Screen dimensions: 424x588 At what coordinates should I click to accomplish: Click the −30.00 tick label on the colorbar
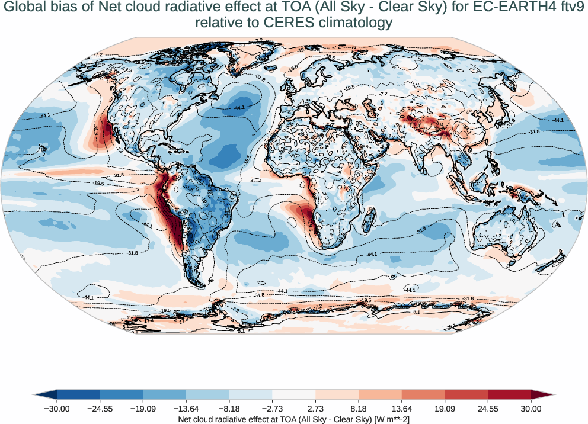click(57, 409)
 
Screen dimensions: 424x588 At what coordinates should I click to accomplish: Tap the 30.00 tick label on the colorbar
click(531, 409)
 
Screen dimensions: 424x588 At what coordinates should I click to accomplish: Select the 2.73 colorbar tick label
click(315, 409)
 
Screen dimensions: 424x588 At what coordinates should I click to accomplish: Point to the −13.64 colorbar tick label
click(186, 409)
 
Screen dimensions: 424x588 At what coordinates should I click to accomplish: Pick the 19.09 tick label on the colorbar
click(445, 409)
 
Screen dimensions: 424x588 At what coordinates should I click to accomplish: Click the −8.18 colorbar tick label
click(229, 409)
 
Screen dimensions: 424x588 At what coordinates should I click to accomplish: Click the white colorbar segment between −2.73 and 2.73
click(294, 394)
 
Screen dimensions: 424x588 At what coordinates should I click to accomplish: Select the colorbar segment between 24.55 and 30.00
click(509, 394)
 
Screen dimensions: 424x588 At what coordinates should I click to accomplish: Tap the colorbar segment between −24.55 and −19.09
click(122, 394)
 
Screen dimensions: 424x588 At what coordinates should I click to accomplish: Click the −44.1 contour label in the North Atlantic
click(239, 108)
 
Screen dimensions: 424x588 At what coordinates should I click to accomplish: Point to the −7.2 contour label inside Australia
click(498, 236)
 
